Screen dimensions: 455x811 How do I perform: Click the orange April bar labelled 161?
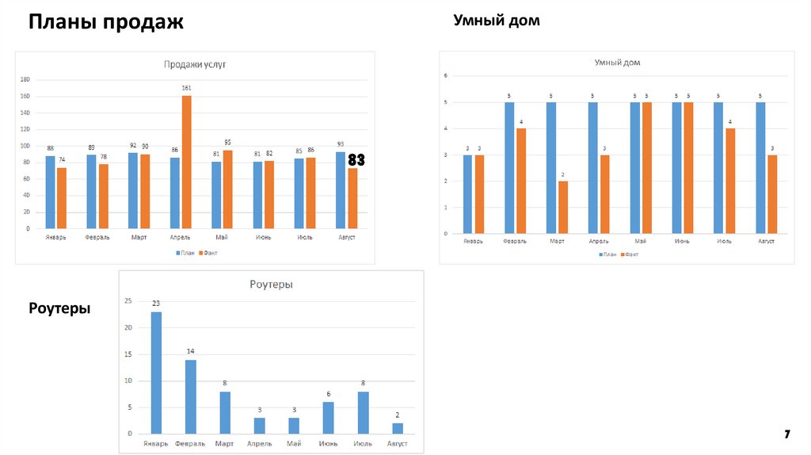[x=186, y=162]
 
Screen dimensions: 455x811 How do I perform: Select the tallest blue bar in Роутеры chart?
[x=156, y=373]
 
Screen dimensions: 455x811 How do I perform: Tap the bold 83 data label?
[x=356, y=160]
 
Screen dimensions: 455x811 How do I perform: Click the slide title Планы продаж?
[x=106, y=22]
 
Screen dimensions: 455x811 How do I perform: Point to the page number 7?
[x=787, y=434]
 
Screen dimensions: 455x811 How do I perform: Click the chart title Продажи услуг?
[x=195, y=65]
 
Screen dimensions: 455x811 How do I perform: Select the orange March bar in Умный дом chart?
[x=563, y=207]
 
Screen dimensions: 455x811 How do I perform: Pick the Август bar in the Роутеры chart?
[x=398, y=428]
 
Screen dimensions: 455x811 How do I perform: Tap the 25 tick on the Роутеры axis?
[x=128, y=301]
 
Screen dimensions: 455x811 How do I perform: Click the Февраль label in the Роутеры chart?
[x=190, y=444]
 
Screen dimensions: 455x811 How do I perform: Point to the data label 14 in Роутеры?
[x=191, y=351]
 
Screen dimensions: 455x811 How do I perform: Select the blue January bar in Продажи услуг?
[x=50, y=192]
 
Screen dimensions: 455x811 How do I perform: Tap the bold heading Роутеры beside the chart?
[x=59, y=308]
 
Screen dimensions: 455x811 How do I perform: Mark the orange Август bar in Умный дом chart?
[x=772, y=194]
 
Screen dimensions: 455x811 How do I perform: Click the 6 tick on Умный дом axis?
[x=446, y=76]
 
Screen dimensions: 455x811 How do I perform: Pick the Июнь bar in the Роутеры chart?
[x=328, y=418]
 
